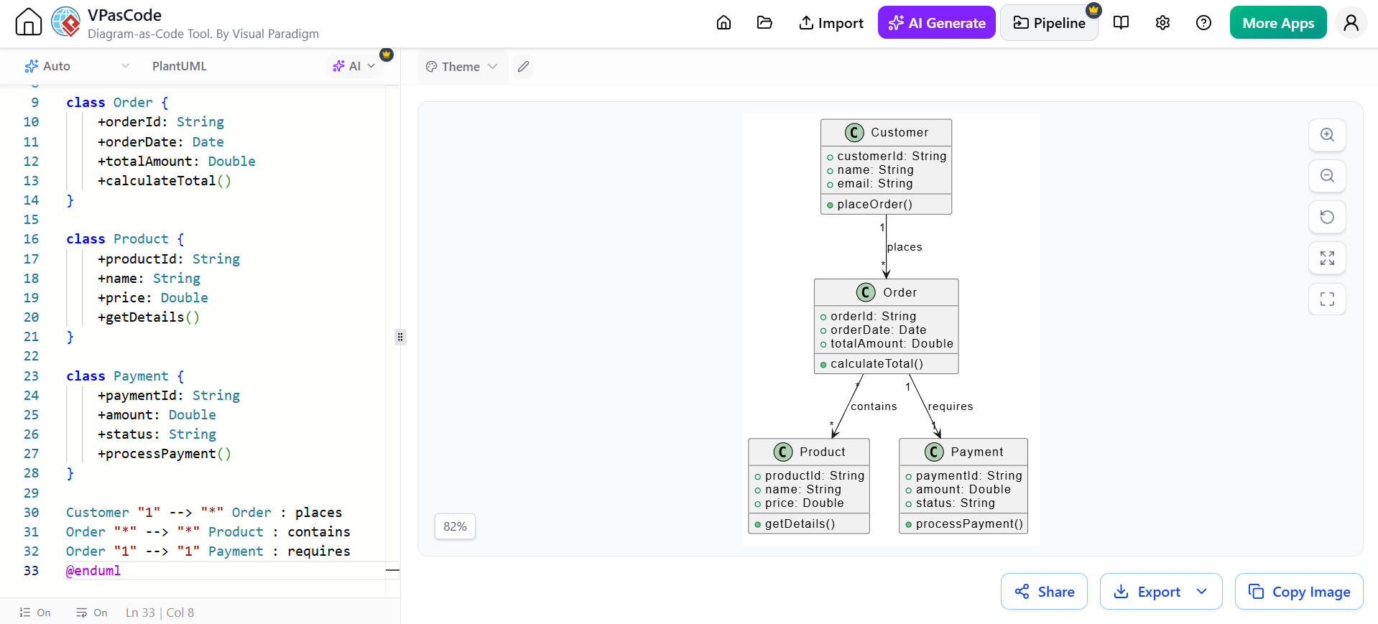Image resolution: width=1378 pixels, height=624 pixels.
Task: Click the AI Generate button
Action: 936,23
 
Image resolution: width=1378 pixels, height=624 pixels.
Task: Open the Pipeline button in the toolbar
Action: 1049,23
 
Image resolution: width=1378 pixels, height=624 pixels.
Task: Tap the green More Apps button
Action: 1278,23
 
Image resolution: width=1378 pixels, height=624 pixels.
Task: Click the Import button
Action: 831,23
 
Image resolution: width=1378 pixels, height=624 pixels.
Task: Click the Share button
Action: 1044,592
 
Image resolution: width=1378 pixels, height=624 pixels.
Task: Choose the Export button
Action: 1160,592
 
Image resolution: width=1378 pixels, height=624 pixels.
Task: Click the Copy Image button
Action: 1299,592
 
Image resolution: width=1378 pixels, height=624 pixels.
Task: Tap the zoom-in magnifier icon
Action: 1327,135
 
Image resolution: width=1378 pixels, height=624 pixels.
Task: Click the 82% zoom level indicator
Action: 455,526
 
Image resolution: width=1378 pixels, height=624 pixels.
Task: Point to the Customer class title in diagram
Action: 900,132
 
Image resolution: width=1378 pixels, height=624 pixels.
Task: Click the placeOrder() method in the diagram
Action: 874,205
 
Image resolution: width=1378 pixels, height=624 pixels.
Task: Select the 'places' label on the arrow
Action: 905,247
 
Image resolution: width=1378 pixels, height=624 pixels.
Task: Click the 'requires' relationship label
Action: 951,406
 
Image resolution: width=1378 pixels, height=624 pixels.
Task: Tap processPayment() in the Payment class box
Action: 969,524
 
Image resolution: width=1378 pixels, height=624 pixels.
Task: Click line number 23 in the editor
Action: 31,376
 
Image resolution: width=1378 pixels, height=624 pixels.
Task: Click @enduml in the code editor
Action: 93,571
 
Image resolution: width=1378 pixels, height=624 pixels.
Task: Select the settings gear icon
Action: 1162,23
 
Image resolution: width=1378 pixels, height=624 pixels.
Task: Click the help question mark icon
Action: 1203,23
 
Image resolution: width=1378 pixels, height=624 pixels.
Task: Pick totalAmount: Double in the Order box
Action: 892,344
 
